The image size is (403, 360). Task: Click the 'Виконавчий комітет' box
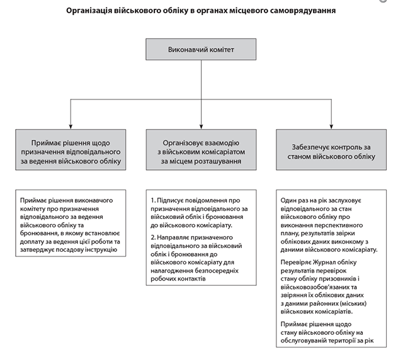coord(201,48)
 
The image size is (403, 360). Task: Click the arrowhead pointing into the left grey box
coord(71,125)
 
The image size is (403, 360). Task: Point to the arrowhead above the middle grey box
coord(201,125)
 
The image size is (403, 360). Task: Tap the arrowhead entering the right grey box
coord(331,125)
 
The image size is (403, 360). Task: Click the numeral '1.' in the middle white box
coord(154,200)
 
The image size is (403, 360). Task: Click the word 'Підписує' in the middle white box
coord(174,200)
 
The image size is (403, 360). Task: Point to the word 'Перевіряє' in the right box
coord(297,264)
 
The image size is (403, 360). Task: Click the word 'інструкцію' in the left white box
coord(100,250)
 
